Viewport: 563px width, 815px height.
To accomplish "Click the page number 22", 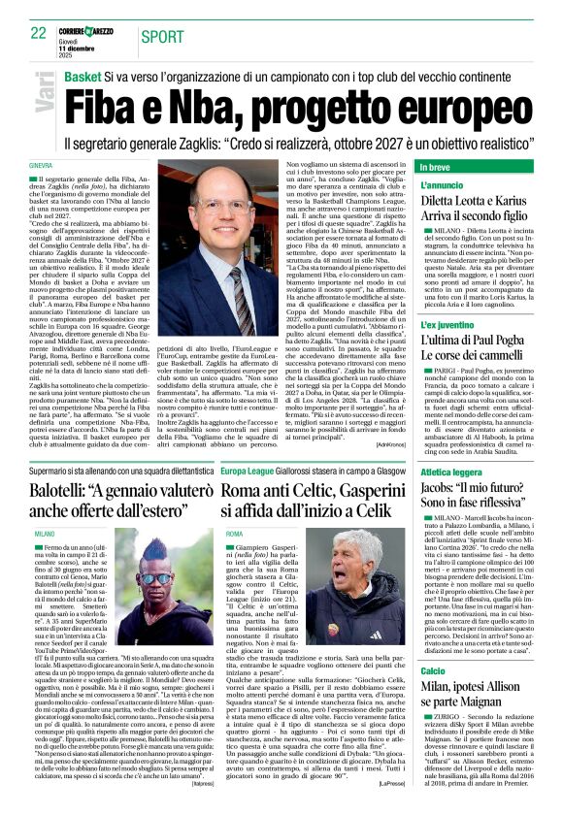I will (x=38, y=32).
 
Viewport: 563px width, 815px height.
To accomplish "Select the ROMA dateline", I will (x=234, y=535).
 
